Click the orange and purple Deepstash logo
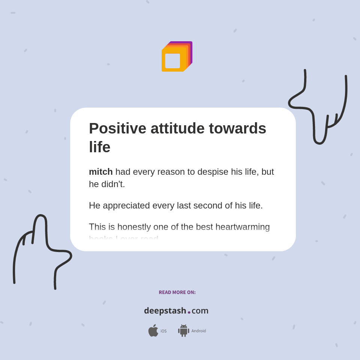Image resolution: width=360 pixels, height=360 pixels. (x=177, y=57)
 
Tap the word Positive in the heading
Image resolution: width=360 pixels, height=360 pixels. (x=117, y=128)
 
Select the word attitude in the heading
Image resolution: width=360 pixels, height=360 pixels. (x=177, y=128)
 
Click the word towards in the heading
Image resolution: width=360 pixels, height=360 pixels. (x=237, y=128)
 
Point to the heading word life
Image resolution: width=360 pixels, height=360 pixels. (x=99, y=147)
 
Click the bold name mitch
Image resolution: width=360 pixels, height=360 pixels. (x=100, y=172)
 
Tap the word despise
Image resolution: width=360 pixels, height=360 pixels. (x=213, y=172)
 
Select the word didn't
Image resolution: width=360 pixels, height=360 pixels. (x=113, y=184)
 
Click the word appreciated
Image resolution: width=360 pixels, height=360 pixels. (x=126, y=205)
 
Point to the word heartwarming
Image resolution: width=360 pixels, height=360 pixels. (x=242, y=227)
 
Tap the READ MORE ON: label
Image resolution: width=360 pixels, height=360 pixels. (x=177, y=292)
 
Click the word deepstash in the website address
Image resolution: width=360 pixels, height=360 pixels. (x=165, y=310)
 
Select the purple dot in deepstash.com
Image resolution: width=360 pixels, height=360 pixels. (x=189, y=312)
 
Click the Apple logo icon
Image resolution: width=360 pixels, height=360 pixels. (x=153, y=331)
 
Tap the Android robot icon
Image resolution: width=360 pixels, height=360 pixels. (x=183, y=331)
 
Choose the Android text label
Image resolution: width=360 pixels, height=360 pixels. (x=198, y=331)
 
